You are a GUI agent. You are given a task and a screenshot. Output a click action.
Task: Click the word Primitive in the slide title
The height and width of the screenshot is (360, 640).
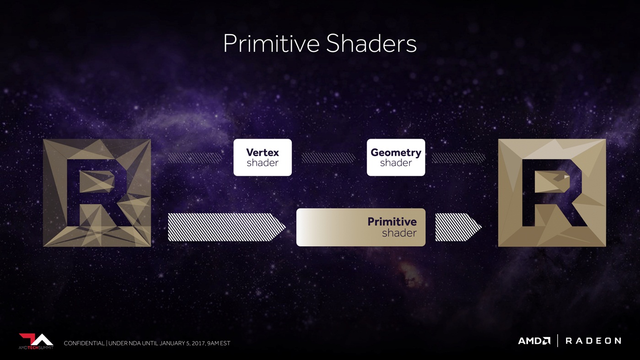tap(271, 44)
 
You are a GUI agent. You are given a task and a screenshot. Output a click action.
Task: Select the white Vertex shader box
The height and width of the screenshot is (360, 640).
tap(263, 157)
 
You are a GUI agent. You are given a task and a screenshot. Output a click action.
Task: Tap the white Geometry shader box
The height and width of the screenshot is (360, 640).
tap(396, 157)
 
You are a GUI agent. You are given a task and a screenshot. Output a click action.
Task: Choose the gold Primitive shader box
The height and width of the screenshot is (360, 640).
tap(361, 227)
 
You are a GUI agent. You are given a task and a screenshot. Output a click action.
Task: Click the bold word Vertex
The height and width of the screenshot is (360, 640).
tap(263, 152)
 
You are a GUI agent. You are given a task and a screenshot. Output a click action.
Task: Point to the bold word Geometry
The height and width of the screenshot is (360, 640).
tap(396, 153)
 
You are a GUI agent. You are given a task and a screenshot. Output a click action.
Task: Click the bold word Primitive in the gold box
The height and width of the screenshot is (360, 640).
tap(392, 222)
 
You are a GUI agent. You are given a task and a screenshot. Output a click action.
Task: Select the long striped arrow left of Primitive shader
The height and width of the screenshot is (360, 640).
tap(226, 227)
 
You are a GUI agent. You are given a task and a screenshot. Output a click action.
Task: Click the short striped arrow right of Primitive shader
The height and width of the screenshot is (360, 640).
tap(458, 227)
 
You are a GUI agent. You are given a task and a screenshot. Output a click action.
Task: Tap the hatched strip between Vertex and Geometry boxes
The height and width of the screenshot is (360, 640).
tap(329, 158)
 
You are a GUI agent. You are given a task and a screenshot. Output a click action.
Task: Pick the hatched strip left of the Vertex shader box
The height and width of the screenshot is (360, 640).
tap(195, 158)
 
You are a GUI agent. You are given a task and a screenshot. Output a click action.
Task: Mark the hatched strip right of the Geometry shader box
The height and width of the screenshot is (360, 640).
tap(459, 158)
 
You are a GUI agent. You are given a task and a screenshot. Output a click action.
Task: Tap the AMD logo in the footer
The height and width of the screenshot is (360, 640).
tap(534, 341)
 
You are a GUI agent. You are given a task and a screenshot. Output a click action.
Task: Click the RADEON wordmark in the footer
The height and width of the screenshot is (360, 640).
tap(593, 341)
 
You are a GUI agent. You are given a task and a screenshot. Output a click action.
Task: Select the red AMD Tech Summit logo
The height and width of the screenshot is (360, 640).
tap(36, 341)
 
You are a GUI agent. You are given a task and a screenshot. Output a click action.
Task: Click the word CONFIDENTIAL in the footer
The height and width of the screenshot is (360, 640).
tap(84, 343)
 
